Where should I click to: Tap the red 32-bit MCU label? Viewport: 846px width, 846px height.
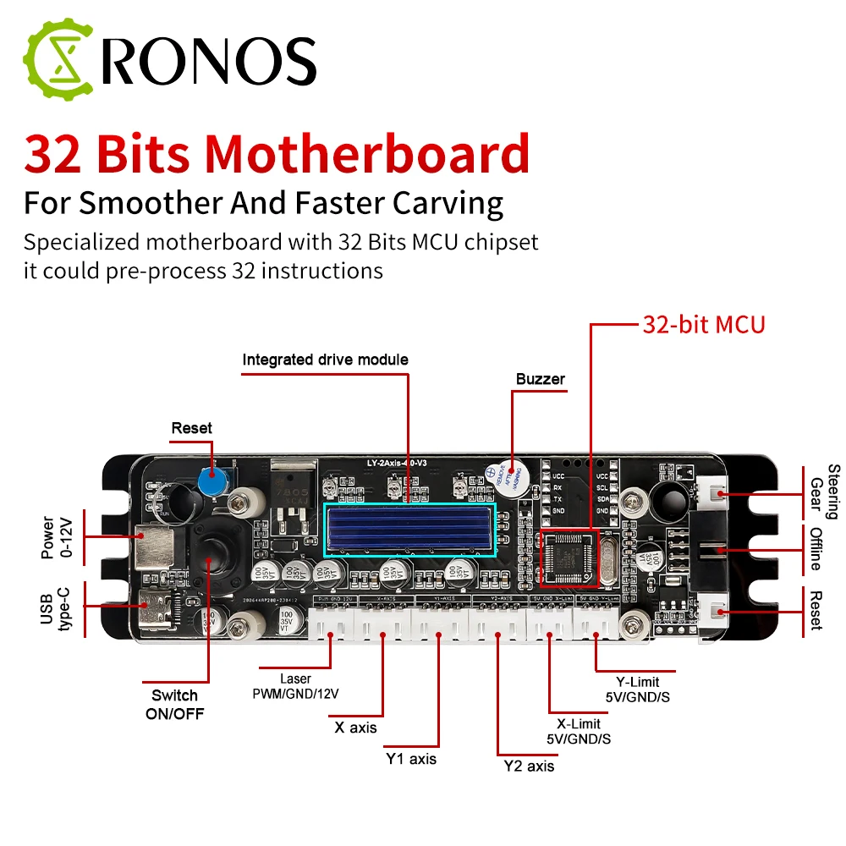[703, 324]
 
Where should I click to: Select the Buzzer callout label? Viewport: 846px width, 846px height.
[540, 379]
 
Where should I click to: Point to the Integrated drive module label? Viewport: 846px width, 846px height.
[325, 360]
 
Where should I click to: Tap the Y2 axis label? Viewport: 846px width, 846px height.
[529, 766]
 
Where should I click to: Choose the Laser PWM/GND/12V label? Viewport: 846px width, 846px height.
[295, 686]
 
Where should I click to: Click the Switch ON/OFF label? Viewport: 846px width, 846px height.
[174, 704]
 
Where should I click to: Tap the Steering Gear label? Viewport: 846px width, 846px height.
[825, 492]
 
